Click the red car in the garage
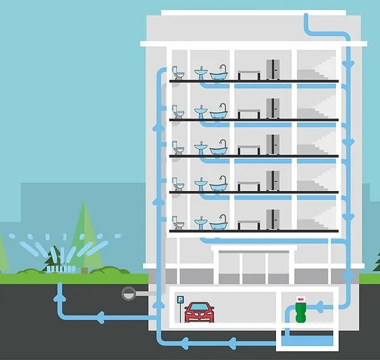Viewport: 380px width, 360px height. click(199, 311)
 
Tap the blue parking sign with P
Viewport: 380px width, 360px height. click(180, 301)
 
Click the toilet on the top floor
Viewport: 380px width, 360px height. click(178, 74)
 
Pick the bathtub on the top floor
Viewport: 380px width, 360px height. click(219, 75)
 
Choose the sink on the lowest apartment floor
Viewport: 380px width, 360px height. click(200, 223)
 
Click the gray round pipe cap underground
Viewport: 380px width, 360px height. click(129, 293)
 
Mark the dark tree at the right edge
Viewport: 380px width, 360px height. click(376, 262)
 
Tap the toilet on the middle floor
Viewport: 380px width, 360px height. click(178, 149)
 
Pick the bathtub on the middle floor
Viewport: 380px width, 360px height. click(219, 149)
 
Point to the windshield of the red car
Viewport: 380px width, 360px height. click(199, 308)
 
